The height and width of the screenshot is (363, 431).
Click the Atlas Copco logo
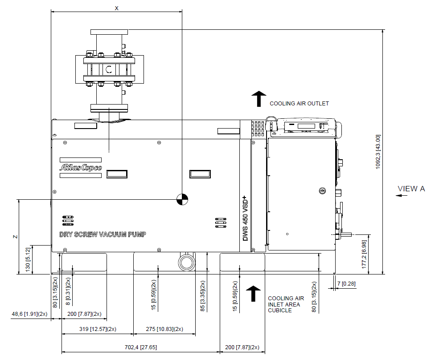click(81, 167)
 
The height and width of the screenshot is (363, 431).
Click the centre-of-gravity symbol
click(182, 199)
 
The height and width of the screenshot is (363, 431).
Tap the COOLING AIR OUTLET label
click(299, 104)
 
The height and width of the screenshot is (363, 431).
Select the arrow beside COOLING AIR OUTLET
click(259, 99)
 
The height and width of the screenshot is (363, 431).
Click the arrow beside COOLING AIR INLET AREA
click(253, 294)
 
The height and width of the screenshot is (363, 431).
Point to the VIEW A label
click(411, 189)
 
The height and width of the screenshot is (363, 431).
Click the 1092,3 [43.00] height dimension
click(378, 152)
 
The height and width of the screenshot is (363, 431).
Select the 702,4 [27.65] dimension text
click(141, 347)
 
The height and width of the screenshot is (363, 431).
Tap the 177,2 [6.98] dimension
click(364, 254)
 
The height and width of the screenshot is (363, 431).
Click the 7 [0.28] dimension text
click(346, 283)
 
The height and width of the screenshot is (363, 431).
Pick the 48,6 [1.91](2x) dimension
click(29, 314)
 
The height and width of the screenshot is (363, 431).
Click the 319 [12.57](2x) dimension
click(98, 329)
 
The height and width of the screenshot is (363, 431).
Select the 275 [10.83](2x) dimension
click(164, 329)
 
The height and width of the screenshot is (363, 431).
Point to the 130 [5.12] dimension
click(28, 259)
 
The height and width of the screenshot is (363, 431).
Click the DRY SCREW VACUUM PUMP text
click(103, 234)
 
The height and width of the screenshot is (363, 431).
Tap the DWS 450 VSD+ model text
click(245, 218)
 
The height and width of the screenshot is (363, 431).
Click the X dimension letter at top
click(116, 8)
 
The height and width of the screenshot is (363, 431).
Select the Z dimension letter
click(16, 237)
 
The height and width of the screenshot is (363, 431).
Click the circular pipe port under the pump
click(187, 262)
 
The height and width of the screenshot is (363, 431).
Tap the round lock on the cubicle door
click(322, 190)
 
